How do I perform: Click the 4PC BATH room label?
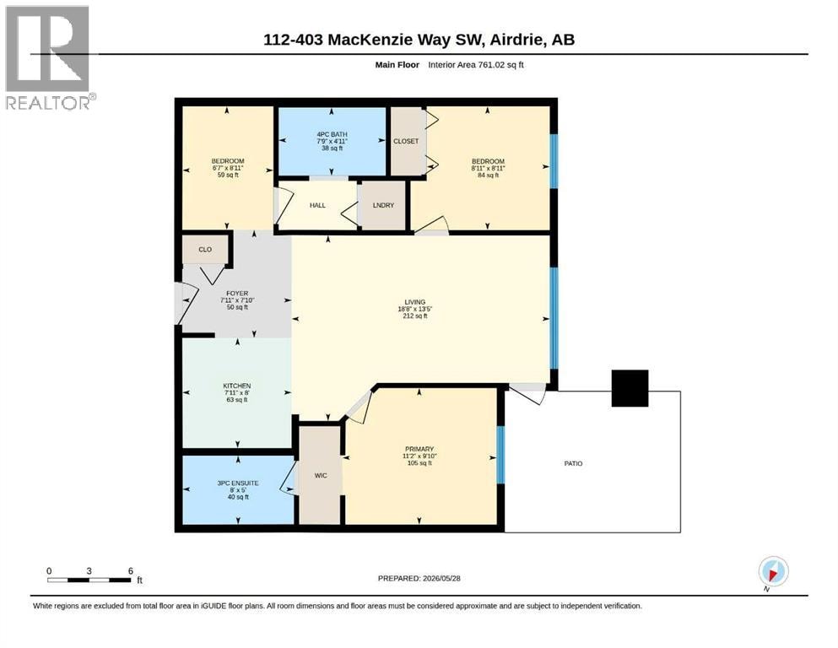(332, 135)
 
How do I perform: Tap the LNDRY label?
(383, 205)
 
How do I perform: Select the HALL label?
(317, 205)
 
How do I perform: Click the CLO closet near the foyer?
(205, 250)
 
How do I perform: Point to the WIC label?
(321, 475)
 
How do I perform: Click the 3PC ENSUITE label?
(238, 483)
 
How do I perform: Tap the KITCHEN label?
(237, 386)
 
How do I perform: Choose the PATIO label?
(574, 463)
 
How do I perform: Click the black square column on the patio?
(630, 388)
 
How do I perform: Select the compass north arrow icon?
(773, 572)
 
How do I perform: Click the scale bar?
(89, 580)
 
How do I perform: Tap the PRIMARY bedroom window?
(500, 455)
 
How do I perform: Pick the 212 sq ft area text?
(414, 316)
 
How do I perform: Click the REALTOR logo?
(49, 57)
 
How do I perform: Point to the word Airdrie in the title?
(517, 40)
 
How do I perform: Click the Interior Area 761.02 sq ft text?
(476, 65)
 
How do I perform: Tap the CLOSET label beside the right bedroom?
(406, 141)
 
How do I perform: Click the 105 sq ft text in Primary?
(419, 462)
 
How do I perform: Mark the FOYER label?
(237, 294)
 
